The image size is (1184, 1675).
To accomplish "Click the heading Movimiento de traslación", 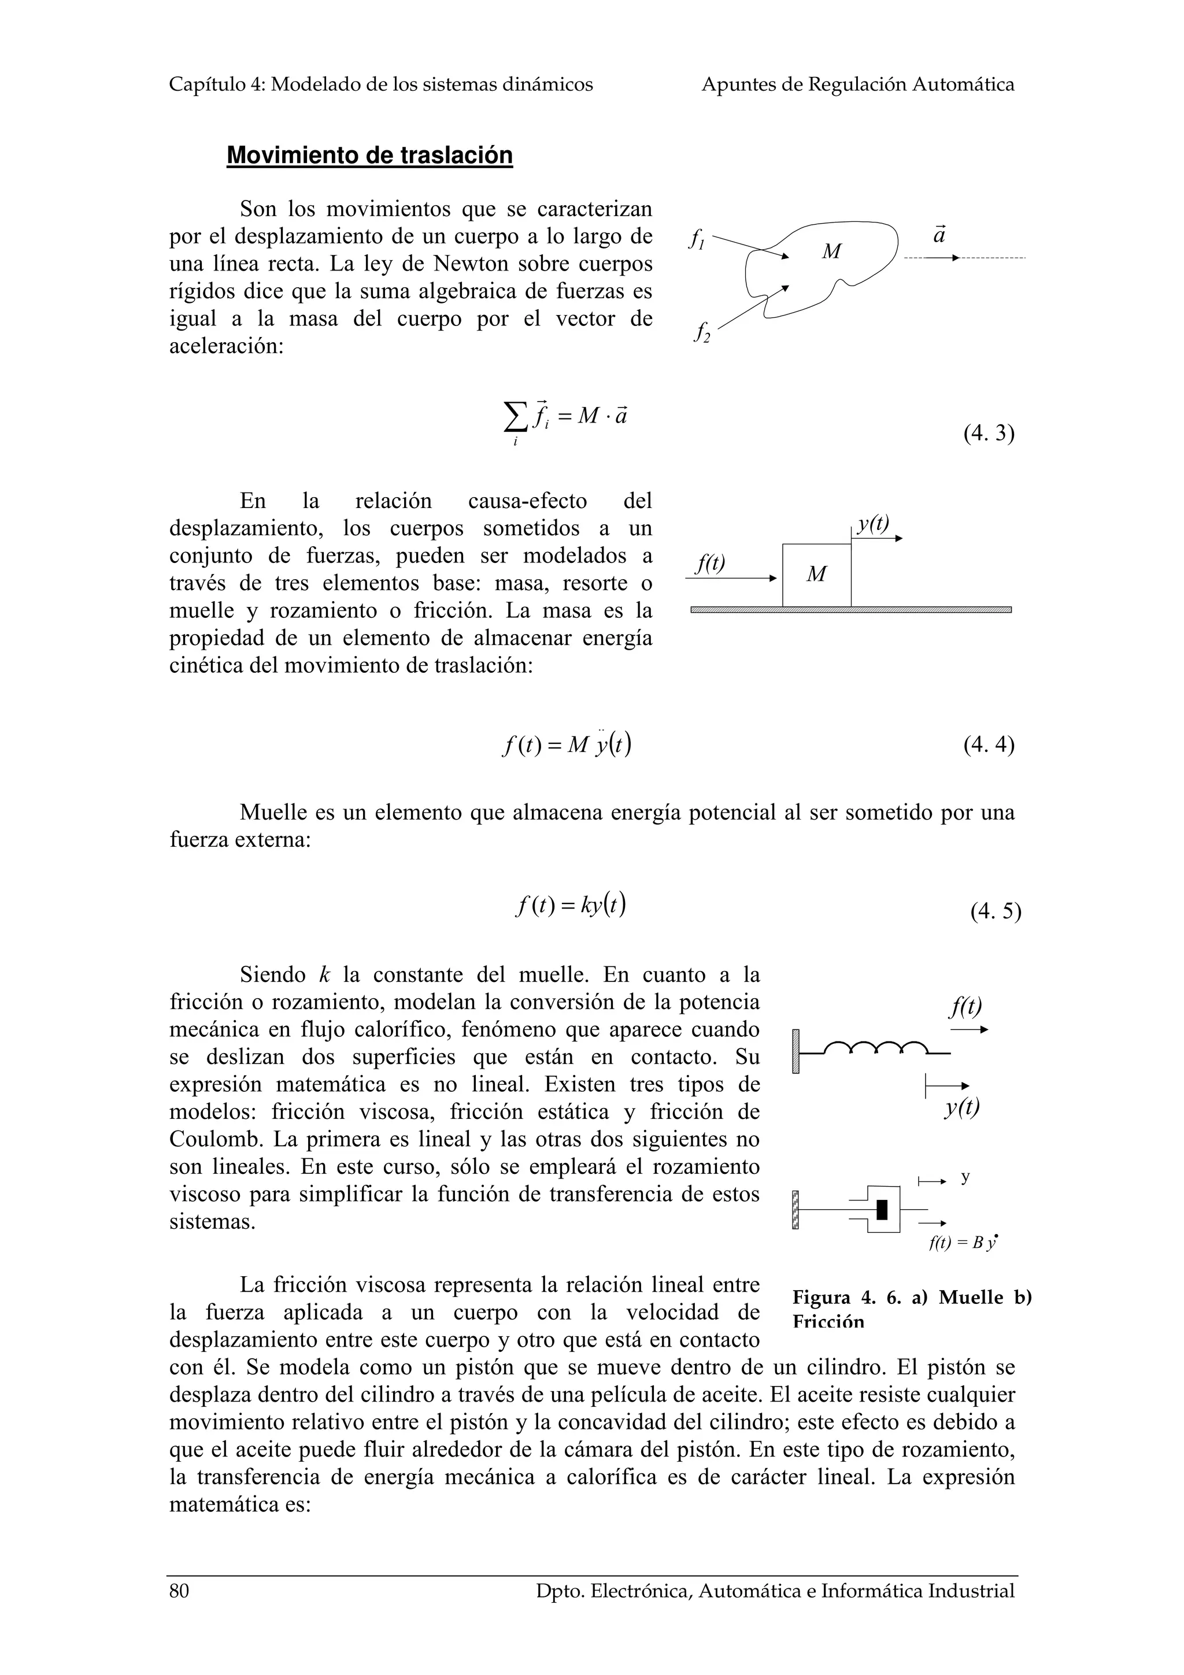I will point(369,155).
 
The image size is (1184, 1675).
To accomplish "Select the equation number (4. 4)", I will point(989,745).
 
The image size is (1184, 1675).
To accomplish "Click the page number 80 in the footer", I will point(179,1611).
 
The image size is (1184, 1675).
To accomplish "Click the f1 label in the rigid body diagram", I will point(697,239).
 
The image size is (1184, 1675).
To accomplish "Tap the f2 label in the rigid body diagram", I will point(702,333).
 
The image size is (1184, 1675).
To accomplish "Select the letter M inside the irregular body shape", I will point(831,251).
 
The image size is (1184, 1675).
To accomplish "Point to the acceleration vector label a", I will point(939,236).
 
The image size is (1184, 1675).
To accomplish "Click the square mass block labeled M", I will point(816,575).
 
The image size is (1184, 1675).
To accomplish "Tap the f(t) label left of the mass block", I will point(711,563).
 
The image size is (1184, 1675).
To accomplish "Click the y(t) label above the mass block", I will point(873,524).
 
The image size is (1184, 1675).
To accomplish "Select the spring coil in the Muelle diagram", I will point(875,1048).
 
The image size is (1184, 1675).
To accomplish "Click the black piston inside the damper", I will point(882,1210).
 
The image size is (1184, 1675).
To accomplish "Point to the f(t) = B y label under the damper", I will point(962,1244).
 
